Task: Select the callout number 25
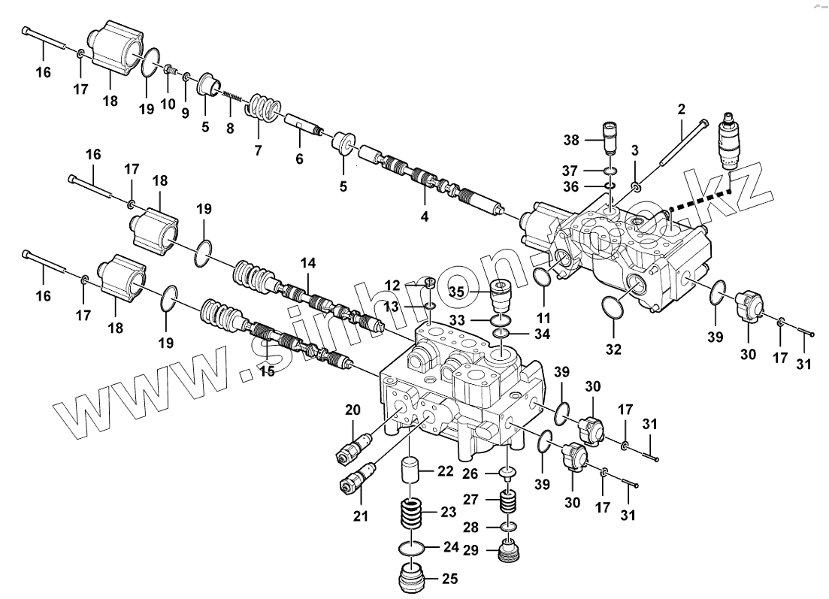[x=449, y=579]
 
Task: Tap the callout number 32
[x=614, y=349]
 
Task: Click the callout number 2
[x=681, y=109]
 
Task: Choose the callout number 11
[x=543, y=317]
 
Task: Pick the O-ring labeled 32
[x=614, y=308]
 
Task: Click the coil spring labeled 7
[x=264, y=107]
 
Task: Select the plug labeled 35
[x=501, y=297]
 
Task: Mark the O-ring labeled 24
[x=410, y=549]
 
